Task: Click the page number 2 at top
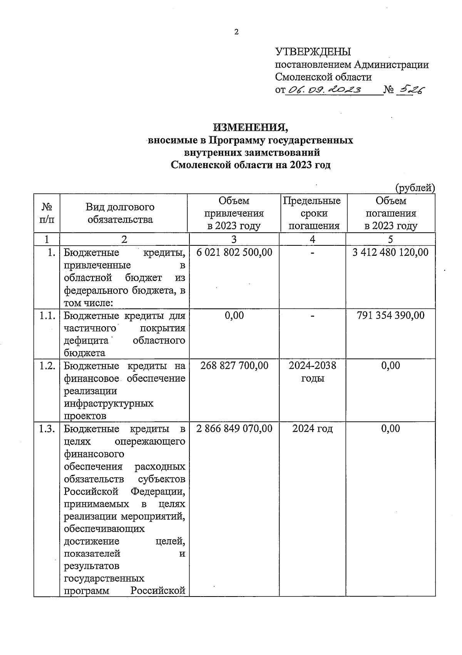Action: pyautogui.click(x=236, y=32)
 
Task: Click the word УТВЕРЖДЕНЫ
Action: pyautogui.click(x=313, y=52)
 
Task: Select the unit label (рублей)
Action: pyautogui.click(x=415, y=188)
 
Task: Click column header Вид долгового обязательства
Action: pyautogui.click(x=120, y=213)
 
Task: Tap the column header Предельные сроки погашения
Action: pyautogui.click(x=312, y=213)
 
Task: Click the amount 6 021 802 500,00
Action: pyautogui.click(x=234, y=252)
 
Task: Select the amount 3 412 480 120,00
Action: pyautogui.click(x=390, y=252)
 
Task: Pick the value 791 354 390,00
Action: pyautogui.click(x=390, y=315)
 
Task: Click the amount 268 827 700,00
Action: pyautogui.click(x=234, y=365)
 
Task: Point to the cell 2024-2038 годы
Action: pyautogui.click(x=312, y=372)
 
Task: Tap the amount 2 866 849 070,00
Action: pyautogui.click(x=234, y=428)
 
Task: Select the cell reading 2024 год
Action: pyautogui.click(x=312, y=428)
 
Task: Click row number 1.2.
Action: pyautogui.click(x=47, y=365)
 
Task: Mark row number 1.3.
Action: pyautogui.click(x=47, y=428)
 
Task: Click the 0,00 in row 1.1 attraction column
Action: pyautogui.click(x=234, y=315)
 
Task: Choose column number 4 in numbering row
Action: pyautogui.click(x=312, y=239)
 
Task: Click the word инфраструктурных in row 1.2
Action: pyautogui.click(x=109, y=403)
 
